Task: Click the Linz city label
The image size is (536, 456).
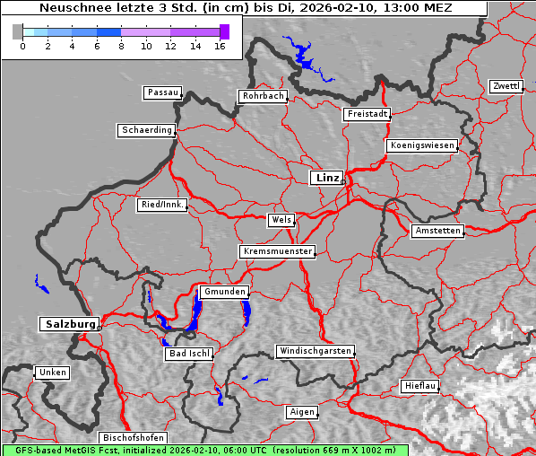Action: pyautogui.click(x=326, y=178)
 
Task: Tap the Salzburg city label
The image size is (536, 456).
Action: pyautogui.click(x=68, y=324)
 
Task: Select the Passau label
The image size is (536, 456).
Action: pyautogui.click(x=162, y=92)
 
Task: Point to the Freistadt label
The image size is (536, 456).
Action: pyautogui.click(x=367, y=114)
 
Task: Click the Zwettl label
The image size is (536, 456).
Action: pyautogui.click(x=506, y=86)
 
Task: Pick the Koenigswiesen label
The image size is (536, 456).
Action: pyautogui.click(x=422, y=145)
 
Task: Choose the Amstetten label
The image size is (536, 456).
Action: pyautogui.click(x=437, y=231)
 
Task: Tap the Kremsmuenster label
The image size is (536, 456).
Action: pyautogui.click(x=277, y=251)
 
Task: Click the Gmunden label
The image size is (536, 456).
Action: pyautogui.click(x=223, y=292)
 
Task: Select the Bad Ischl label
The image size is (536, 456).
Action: pyautogui.click(x=188, y=354)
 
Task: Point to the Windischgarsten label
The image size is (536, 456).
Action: pyautogui.click(x=314, y=351)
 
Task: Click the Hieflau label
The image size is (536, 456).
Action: pyautogui.click(x=420, y=386)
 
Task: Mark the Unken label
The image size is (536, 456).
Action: pyautogui.click(x=52, y=372)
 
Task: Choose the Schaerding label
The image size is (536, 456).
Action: pyautogui.click(x=146, y=130)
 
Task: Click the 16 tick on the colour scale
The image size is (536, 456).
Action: pyautogui.click(x=220, y=45)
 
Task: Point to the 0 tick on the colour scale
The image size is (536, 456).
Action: pyautogui.click(x=22, y=45)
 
